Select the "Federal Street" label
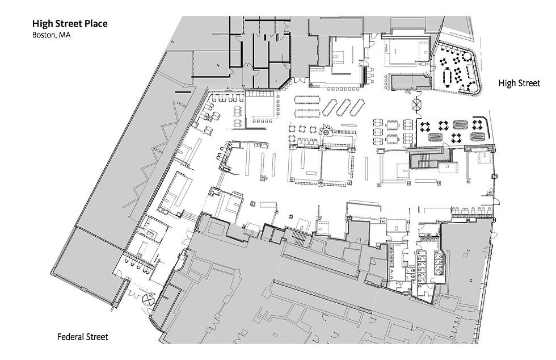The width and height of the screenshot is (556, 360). [83, 337]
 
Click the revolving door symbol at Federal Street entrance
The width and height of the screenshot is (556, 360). [148, 298]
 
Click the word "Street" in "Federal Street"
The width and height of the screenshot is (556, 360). [97, 337]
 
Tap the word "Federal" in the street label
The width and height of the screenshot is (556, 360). [70, 337]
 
